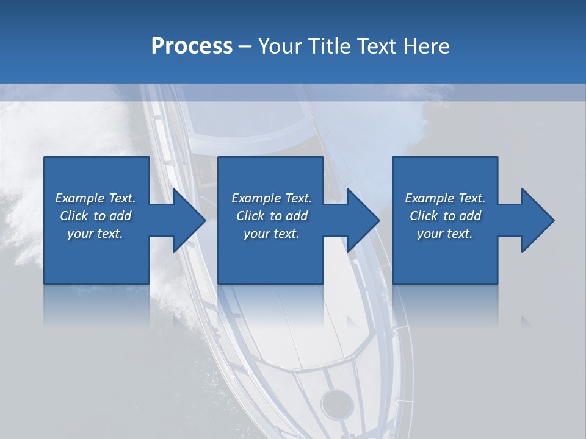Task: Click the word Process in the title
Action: pos(192,46)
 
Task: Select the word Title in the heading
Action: pos(330,46)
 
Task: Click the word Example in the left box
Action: pos(81,198)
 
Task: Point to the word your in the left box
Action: pos(79,234)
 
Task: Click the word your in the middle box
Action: pos(256,234)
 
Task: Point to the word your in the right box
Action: pos(429,234)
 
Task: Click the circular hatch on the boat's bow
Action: pos(336,402)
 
